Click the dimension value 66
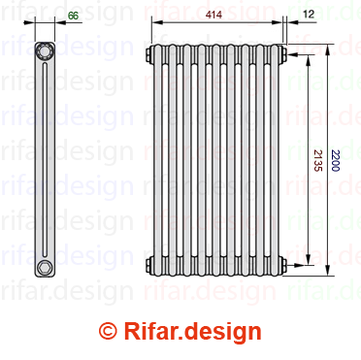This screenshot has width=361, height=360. click(x=74, y=16)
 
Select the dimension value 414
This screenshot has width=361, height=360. click(x=213, y=15)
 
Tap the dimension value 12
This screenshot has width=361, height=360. click(x=309, y=15)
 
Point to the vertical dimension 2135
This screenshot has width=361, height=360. click(x=318, y=160)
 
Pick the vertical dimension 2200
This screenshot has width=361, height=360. click(x=335, y=160)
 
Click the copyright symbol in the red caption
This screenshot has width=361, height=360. click(x=109, y=331)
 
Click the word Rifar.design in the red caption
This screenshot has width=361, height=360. click(x=193, y=332)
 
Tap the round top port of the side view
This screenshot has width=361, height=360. click(x=44, y=50)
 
